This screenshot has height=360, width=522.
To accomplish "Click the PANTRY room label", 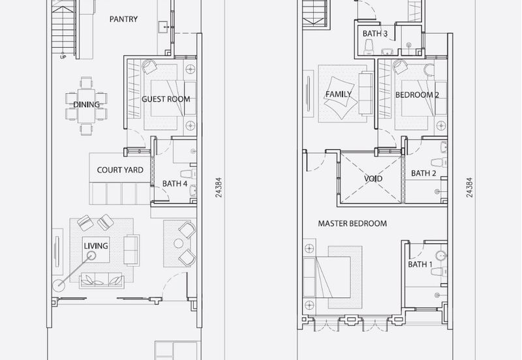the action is point(123,20).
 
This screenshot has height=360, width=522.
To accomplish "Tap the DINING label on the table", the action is point(86,105).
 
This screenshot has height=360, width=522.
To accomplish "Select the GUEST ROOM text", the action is point(166,99).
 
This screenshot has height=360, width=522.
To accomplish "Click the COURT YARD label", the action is point(120,170).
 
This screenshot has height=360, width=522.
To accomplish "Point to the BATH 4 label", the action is point(175,184).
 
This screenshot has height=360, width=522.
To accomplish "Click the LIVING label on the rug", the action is point(96,246).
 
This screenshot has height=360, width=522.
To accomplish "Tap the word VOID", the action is point(373,179).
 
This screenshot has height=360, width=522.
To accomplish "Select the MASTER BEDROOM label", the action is point(352,224).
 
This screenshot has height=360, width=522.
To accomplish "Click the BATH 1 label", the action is point(420,265).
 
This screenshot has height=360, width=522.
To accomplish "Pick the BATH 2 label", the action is point(423,173).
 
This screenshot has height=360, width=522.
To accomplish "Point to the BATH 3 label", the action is point(375,34).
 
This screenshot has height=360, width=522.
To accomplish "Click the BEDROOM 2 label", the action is point(417,95).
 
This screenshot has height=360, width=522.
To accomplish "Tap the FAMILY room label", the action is point(338,95).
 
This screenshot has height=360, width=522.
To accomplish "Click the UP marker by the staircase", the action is point(63,57).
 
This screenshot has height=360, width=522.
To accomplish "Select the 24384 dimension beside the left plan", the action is point(219,187).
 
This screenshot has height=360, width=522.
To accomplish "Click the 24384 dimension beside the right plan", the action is point(469,187).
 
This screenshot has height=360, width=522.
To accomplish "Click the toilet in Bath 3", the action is point(369,48).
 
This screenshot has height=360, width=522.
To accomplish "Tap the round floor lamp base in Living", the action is point(59,284).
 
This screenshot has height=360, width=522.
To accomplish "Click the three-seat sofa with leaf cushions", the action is point(102,280).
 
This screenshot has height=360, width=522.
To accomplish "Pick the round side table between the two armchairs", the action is point(178,243).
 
